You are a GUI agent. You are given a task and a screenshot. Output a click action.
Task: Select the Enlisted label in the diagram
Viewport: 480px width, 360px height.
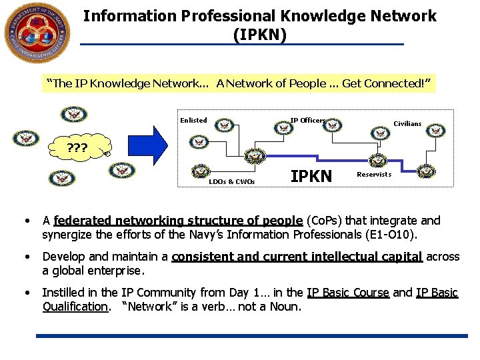[x=193, y=121]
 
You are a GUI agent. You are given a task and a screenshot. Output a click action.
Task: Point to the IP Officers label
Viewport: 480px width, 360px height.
[x=307, y=121]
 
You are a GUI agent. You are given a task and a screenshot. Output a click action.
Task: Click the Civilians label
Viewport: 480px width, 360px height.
[x=407, y=123]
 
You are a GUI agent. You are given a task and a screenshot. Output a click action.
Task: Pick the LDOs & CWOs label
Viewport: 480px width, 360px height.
[x=231, y=181]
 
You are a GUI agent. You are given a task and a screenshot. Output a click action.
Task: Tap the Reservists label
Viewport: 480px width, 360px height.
[x=374, y=175]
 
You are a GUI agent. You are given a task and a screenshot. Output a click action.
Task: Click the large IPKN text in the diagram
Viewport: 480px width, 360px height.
[x=311, y=176]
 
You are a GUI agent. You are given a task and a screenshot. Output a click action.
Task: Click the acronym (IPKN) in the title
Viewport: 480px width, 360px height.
[x=260, y=34]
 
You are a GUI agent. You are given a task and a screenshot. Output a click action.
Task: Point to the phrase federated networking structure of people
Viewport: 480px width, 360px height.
[x=178, y=221]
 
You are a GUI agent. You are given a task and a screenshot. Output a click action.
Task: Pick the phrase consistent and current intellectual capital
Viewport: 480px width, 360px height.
[x=297, y=257]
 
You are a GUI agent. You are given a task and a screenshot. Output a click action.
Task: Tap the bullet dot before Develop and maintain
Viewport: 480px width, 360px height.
[x=25, y=257]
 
